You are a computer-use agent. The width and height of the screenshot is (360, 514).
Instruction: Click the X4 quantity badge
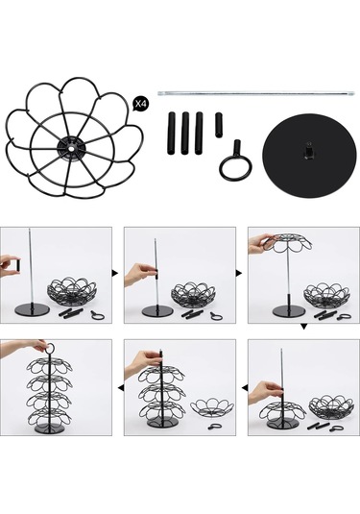[141, 105]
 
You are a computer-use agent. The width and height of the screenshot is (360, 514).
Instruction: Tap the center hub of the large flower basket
[71, 148]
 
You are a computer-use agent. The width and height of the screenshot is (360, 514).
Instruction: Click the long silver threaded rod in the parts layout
[255, 93]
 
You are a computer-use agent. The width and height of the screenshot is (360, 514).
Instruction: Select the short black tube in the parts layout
[219, 125]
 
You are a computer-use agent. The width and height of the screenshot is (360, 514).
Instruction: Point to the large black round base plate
[309, 156]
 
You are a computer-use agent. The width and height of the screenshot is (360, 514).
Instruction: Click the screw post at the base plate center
[308, 150]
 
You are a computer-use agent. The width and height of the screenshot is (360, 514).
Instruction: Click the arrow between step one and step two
[115, 273]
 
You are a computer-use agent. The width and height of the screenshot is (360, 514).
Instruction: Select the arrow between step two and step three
[239, 273]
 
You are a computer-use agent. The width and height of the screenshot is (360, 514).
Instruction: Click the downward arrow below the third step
[303, 327]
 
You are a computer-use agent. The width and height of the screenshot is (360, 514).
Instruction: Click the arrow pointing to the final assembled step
[121, 388]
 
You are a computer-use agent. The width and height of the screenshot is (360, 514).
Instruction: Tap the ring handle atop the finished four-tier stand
[50, 349]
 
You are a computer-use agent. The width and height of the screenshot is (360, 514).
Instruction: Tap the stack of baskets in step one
[72, 292]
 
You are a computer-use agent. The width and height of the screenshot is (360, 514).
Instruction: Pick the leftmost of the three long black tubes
[171, 134]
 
